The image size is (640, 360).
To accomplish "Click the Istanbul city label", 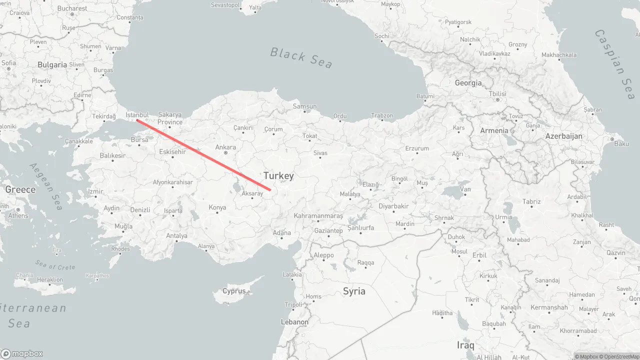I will click(137, 114).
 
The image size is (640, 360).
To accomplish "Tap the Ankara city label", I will click(225, 147).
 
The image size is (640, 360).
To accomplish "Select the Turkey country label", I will click(278, 175).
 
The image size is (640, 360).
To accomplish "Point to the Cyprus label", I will click(234, 291).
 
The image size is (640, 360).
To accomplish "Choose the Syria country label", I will click(354, 291).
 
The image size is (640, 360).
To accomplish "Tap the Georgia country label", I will click(468, 83).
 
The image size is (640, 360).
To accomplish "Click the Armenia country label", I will click(494, 130).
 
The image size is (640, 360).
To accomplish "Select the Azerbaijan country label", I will click(564, 136).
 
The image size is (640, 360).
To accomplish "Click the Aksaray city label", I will click(252, 193).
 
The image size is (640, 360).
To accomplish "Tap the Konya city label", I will click(217, 207).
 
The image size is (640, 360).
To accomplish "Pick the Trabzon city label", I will click(382, 115).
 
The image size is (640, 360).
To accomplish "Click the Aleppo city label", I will click(323, 255).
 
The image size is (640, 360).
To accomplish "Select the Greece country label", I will click(20, 189).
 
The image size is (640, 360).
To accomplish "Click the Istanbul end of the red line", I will click(137, 120).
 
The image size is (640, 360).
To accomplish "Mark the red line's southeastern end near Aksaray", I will click(270, 189).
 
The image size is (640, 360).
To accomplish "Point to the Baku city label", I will click(621, 143).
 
